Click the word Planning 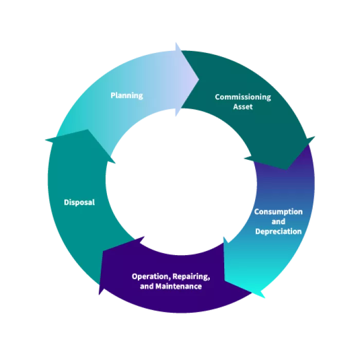click(127, 96)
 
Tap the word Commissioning click(243, 97)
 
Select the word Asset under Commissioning click(243, 107)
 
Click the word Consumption click(278, 212)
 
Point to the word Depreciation click(278, 231)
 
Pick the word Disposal click(79, 203)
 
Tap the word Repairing click(190, 277)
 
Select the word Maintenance click(178, 286)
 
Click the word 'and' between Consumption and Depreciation click(278, 222)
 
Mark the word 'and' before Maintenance click(147, 286)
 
